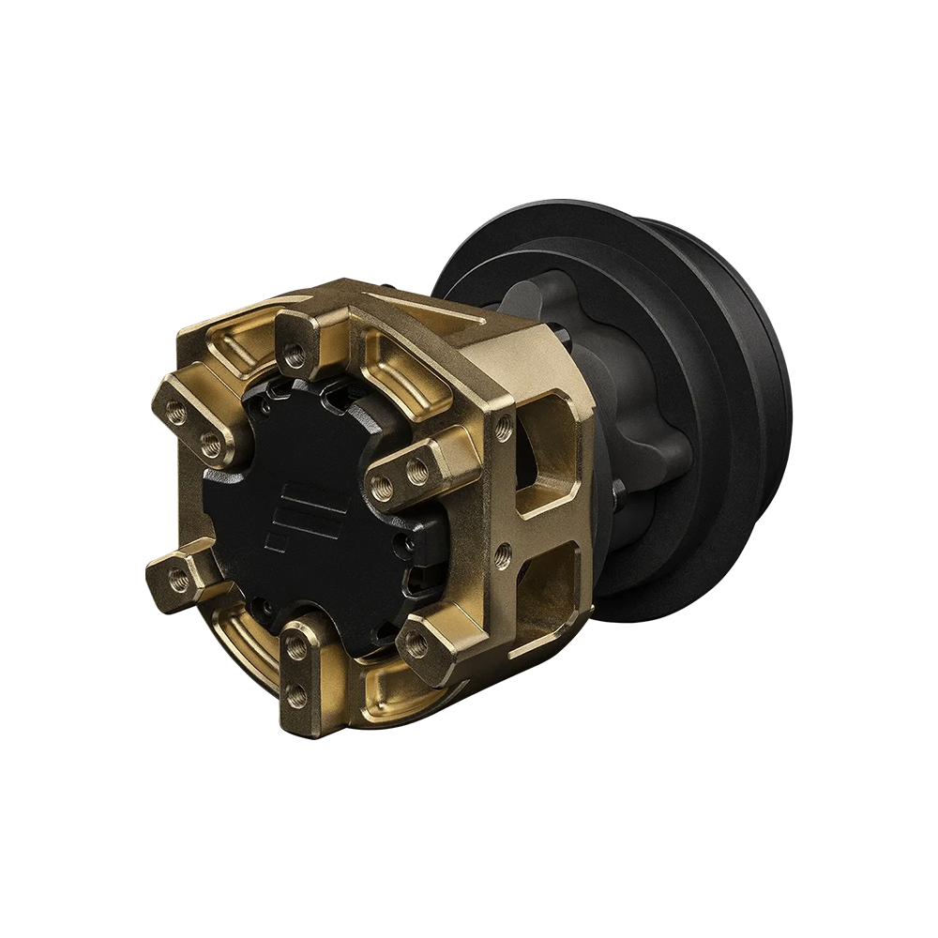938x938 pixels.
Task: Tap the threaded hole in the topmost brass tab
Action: [295, 356]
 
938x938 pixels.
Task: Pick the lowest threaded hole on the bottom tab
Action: [297, 694]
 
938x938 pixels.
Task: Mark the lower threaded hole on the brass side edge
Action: [504, 549]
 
